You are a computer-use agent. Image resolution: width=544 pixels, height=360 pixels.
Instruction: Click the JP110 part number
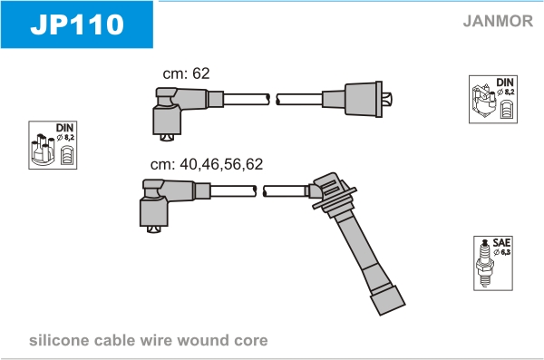point(77,24)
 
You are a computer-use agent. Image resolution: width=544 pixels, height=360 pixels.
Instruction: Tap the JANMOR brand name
point(498,21)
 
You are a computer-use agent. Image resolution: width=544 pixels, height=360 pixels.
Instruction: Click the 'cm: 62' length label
point(186,73)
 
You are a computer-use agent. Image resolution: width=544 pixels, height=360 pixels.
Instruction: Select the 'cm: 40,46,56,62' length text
point(207,164)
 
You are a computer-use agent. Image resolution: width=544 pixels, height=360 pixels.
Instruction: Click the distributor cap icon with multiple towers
point(43,150)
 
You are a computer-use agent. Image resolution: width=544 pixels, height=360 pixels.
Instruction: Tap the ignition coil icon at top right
point(484,101)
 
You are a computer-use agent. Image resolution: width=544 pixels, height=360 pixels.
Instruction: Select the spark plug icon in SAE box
point(485,262)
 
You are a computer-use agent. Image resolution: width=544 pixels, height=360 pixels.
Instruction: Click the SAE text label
point(501,242)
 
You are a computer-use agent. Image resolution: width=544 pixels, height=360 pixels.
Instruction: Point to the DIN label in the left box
point(65,128)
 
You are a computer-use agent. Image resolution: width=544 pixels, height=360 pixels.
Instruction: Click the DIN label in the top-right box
point(505,83)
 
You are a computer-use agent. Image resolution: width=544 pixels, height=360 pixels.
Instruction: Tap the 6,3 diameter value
point(505,252)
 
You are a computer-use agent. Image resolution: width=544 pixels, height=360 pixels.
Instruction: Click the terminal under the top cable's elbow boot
point(167,138)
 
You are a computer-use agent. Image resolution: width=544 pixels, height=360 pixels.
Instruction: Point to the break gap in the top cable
point(273,99)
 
